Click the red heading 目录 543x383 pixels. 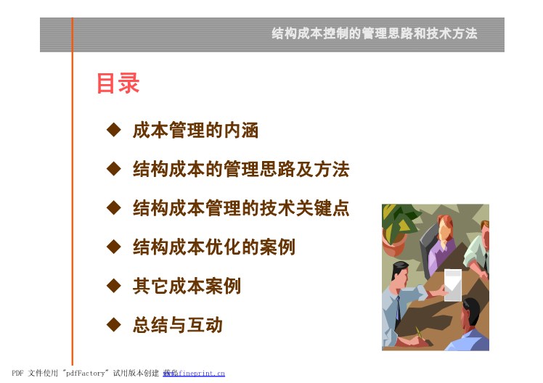(118, 83)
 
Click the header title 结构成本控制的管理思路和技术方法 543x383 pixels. (375, 33)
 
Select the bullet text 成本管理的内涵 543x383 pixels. (195, 131)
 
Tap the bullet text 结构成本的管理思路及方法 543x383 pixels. (241, 169)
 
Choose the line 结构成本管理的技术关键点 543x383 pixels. (241, 208)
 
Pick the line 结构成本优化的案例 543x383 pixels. (213, 247)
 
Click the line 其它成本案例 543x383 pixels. (187, 286)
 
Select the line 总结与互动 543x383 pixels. (177, 325)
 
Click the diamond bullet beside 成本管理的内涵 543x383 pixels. (113, 130)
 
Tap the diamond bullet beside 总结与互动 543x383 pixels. (113, 325)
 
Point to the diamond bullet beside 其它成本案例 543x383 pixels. (113, 286)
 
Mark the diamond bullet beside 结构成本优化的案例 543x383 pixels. (113, 247)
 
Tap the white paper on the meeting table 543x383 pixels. (453, 284)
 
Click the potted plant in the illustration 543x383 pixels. (399, 228)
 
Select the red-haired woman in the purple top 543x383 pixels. (441, 244)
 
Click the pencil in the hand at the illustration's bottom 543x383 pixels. (420, 333)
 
